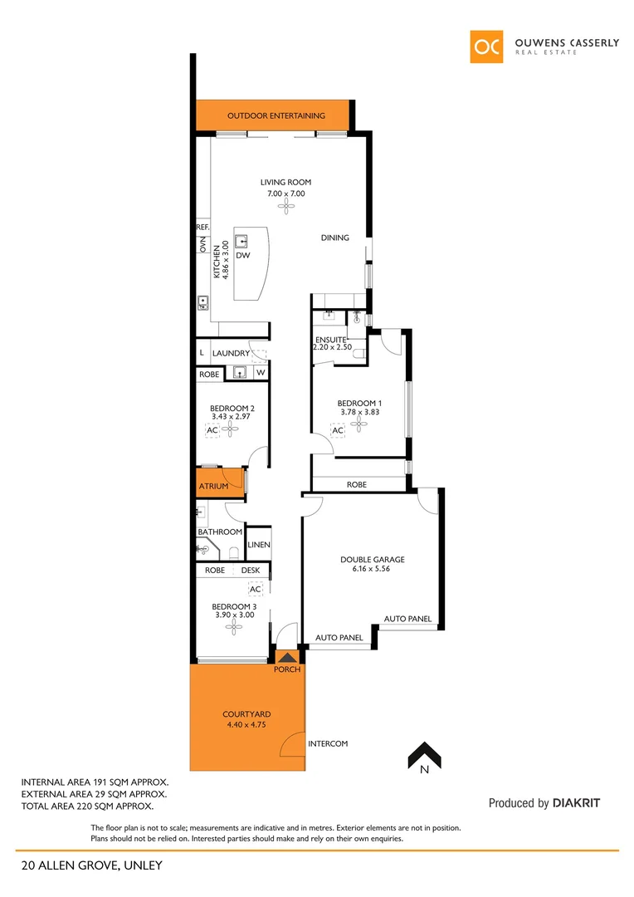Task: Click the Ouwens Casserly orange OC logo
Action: point(486,47)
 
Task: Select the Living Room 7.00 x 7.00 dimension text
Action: point(285,194)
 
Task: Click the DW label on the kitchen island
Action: point(243,256)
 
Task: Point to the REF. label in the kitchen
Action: point(202,227)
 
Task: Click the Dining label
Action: point(335,238)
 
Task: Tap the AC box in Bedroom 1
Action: point(338,431)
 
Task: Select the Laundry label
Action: point(230,353)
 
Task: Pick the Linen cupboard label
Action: point(260,545)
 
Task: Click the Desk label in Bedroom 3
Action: point(251,571)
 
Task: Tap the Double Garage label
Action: point(372,559)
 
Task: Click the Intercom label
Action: point(328,743)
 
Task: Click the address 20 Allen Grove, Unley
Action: point(92,865)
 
